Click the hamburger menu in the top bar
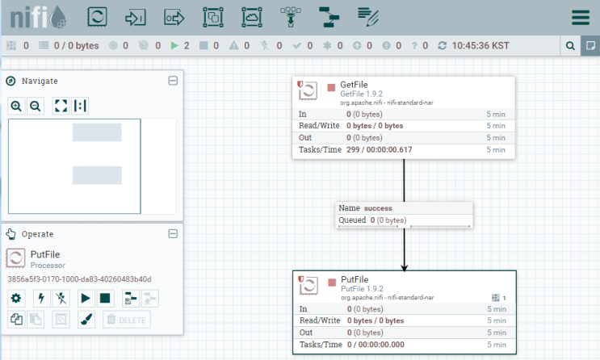580,17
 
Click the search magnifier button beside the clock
570,46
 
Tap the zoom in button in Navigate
16,106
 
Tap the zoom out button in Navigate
36,106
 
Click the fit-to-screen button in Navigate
61,106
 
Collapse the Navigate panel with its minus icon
173,81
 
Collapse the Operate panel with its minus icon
173,234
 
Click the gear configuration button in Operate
16,299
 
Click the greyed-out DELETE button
127,320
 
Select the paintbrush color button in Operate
86,320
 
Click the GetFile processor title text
354,85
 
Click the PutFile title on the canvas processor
355,279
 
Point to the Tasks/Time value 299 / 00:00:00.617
380,149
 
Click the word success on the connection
378,208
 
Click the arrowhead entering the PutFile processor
404,267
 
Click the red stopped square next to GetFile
331,88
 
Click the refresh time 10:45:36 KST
480,46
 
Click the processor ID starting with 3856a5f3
80,279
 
